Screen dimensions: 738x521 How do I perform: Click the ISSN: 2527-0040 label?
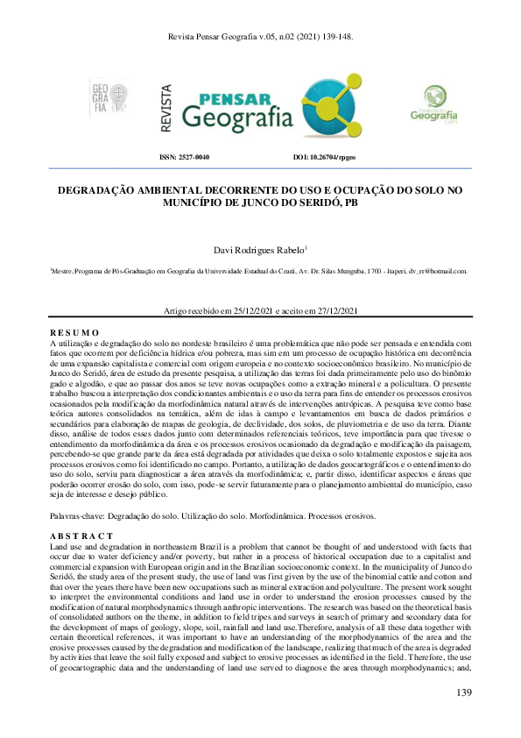click(184, 157)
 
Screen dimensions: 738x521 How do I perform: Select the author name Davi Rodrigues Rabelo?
click(258, 250)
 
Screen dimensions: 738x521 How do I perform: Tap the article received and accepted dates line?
click(260, 312)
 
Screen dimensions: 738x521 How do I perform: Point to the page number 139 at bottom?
click(463, 693)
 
